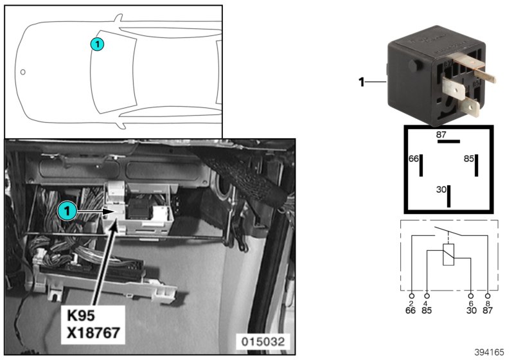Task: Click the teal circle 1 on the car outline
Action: point(96,44)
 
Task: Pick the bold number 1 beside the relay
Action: point(361,82)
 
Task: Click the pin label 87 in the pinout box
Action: point(441,134)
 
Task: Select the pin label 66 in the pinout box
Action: point(414,158)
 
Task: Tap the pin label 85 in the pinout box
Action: point(468,158)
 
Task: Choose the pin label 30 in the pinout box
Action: point(441,190)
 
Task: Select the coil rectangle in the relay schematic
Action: point(449,255)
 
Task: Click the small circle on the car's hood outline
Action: point(22,71)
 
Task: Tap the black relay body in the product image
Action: point(418,77)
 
